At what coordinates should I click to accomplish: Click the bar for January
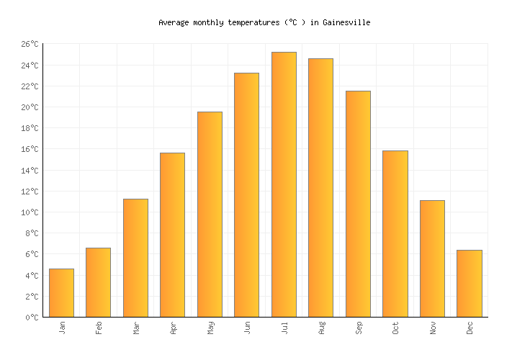(x=61, y=292)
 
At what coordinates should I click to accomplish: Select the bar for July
(x=284, y=184)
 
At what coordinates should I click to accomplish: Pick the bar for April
(x=172, y=235)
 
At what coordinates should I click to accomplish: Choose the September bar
(x=358, y=204)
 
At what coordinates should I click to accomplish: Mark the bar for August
(x=320, y=187)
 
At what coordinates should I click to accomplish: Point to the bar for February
(x=98, y=282)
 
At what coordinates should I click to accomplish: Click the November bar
(x=432, y=258)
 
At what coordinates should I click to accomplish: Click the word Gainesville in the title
(x=348, y=22)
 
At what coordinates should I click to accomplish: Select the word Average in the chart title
(x=174, y=22)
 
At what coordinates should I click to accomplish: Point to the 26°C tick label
(x=29, y=45)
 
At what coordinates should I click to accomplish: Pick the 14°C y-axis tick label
(x=29, y=171)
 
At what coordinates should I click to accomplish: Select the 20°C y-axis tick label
(x=29, y=108)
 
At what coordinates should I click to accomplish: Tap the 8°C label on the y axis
(x=31, y=234)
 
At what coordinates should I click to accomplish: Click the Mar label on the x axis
(x=136, y=328)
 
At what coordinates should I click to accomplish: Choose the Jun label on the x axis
(x=247, y=328)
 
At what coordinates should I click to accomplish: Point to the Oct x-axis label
(x=395, y=328)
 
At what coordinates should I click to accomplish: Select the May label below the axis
(x=210, y=328)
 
